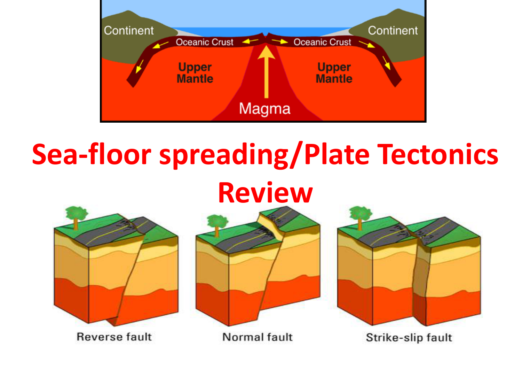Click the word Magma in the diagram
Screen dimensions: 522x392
tap(264, 109)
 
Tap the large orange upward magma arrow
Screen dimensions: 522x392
tap(266, 71)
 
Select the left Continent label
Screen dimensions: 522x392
tap(129, 30)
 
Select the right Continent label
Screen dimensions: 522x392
tap(393, 30)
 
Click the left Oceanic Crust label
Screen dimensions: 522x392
tap(205, 42)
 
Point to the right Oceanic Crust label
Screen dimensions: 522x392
tap(322, 42)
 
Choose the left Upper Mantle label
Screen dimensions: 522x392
tap(195, 73)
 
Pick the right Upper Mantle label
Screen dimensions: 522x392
tap(334, 73)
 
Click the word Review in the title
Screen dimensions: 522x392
tap(266, 193)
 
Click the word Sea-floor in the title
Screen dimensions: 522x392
tap(92, 154)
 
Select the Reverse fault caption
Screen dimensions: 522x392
tap(114, 337)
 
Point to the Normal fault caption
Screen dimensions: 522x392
tap(257, 337)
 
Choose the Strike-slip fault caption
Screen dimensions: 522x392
tap(409, 338)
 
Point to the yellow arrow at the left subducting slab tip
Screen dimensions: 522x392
tap(139, 66)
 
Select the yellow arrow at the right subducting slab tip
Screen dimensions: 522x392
tap(386, 63)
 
